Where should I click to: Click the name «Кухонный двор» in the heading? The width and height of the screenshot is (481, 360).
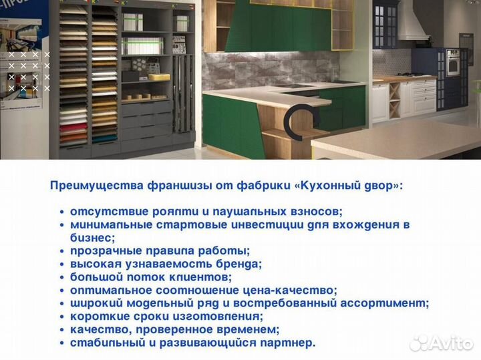coord(351,186)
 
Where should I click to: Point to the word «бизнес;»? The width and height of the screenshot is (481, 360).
coord(93,238)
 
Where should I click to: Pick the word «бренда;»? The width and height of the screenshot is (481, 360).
coord(237,264)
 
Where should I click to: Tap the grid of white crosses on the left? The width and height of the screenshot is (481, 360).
coord(28,70)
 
